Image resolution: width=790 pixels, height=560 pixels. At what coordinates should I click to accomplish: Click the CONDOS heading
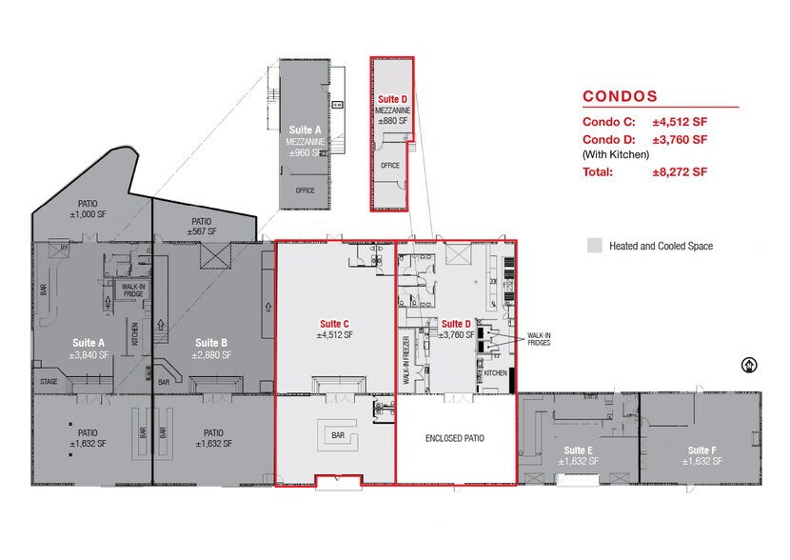(620, 96)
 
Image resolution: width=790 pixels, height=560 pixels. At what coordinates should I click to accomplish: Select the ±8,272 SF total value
(680, 171)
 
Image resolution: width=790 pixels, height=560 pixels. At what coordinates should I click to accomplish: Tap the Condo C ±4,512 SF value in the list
(680, 122)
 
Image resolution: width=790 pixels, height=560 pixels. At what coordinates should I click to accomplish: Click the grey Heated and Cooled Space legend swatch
(595, 246)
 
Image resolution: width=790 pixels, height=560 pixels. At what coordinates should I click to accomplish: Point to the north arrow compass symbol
(749, 365)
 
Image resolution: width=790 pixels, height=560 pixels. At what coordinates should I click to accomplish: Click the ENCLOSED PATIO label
(454, 438)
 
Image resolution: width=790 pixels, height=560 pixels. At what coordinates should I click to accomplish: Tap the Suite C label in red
(334, 324)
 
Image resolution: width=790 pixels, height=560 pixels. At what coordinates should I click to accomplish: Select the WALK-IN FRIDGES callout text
(539, 339)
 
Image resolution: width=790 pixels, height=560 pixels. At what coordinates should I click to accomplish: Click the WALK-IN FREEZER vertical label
(406, 360)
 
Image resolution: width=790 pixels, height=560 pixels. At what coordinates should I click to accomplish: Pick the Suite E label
(578, 450)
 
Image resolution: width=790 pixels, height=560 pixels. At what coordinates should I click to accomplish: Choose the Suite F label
(701, 450)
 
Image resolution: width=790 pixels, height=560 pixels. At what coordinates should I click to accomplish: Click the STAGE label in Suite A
(49, 382)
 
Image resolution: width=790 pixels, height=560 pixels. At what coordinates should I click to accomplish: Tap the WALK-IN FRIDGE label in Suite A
(133, 290)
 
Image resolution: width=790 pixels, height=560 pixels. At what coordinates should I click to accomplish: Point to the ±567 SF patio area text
(202, 231)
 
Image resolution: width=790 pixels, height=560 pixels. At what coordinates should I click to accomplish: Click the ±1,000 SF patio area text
(88, 214)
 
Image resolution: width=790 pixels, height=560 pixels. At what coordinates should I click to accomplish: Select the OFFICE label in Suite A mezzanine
(305, 190)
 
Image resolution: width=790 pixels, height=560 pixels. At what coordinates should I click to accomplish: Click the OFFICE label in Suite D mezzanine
(390, 166)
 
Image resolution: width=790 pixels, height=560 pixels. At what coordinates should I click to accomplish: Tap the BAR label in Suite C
(338, 435)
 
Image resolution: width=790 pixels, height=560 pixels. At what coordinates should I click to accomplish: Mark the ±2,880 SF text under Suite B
(211, 355)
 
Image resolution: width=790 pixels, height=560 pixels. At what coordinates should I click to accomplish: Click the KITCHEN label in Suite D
(495, 373)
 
